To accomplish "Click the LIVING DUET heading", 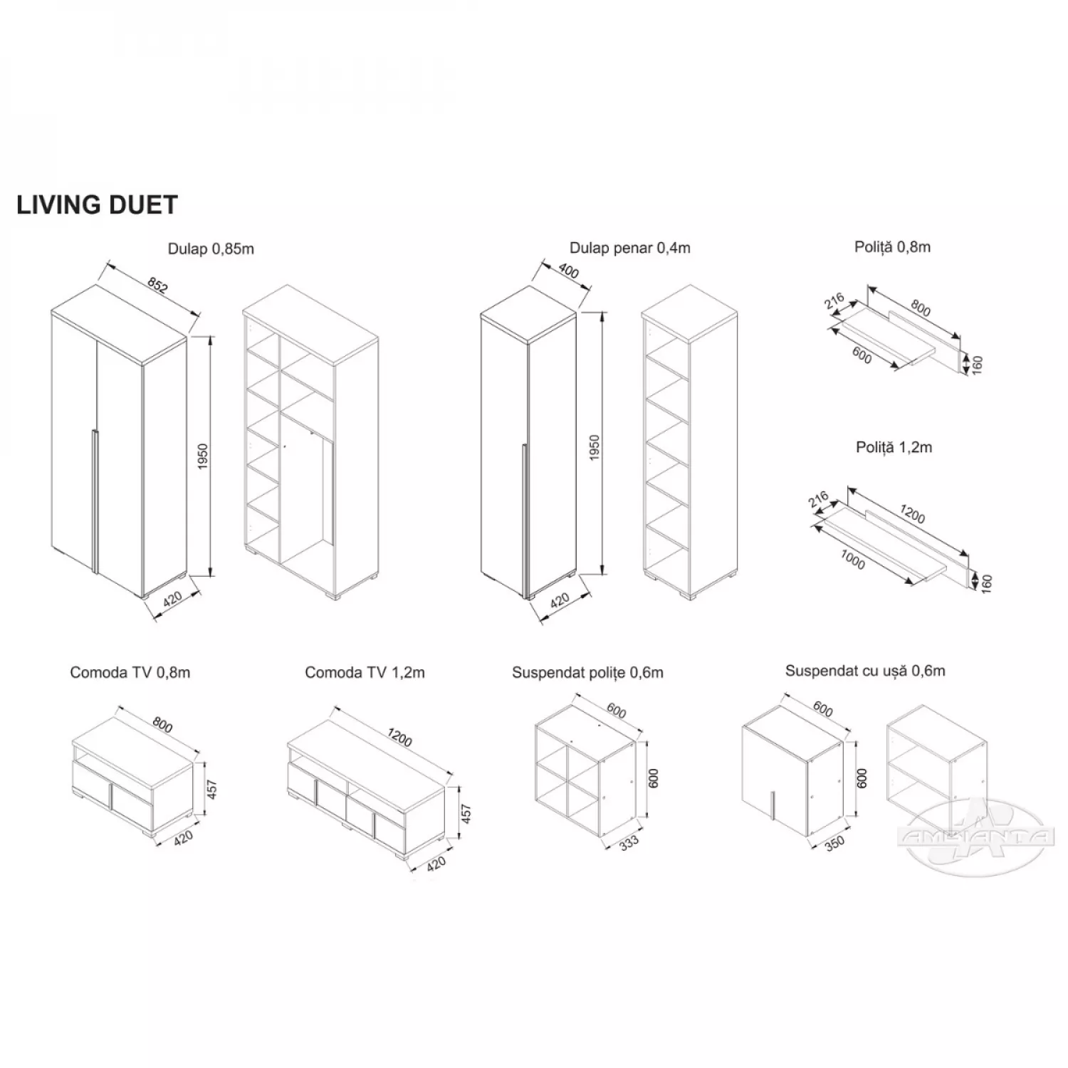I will (x=97, y=205).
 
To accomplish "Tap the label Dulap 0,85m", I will (x=211, y=249).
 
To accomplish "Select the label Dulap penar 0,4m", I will (x=629, y=248).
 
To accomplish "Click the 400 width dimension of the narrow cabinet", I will (x=569, y=271).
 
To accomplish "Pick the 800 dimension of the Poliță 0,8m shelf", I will (x=921, y=309).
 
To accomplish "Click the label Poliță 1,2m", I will (x=894, y=447).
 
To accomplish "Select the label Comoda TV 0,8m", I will (x=130, y=672).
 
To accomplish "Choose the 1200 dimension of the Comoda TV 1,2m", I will (x=400, y=738).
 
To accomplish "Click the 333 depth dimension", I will (x=629, y=842).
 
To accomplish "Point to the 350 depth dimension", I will (x=834, y=843).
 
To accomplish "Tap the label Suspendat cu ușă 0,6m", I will (x=865, y=671).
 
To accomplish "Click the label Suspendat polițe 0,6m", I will (x=587, y=672).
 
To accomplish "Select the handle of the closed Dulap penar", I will (x=523, y=520).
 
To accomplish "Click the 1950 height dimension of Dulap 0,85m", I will (x=202, y=456).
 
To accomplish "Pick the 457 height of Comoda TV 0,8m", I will (x=211, y=789).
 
